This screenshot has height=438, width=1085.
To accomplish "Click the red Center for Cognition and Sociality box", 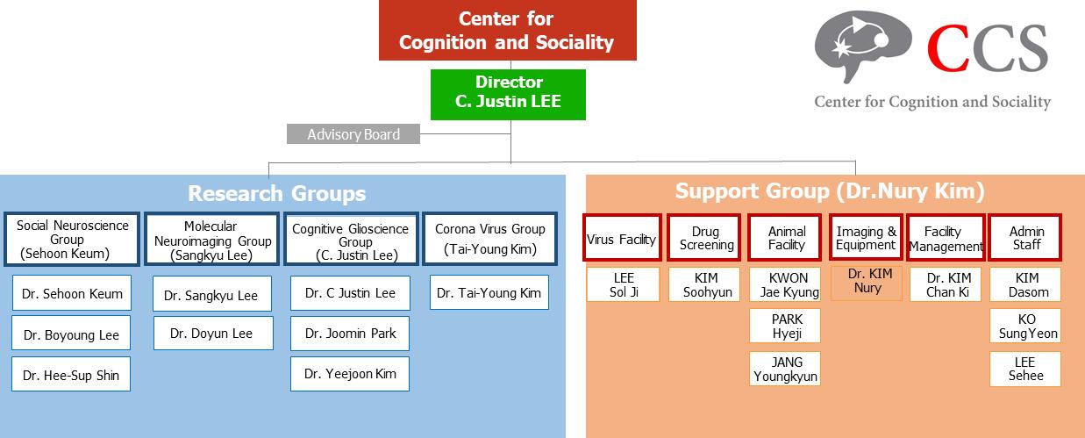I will pos(506,31).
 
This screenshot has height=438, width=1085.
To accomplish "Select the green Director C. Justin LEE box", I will pos(508,93).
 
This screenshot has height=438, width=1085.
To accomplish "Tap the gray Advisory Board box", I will pos(353,134).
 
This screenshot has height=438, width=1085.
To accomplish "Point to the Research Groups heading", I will pos(276,193).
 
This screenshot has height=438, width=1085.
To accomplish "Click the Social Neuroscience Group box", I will pos(72,239).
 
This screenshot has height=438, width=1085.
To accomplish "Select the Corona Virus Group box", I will pos(489,239).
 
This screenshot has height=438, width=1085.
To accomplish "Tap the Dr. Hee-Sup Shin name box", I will pos(71,375).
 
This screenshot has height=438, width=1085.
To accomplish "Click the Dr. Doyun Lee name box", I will pos(211,334).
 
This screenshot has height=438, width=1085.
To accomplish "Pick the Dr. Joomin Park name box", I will pos(350,334).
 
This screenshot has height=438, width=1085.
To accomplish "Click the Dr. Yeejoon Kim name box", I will pos(350,374).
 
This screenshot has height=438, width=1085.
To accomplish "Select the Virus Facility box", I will pos(622,238).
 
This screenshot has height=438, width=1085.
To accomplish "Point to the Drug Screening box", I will pos(705,238).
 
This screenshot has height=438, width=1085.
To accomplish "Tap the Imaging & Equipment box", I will pos(866,238).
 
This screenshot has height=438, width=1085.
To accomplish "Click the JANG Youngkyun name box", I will pos(786,369).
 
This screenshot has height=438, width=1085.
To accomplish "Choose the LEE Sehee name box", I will pos(1024,369).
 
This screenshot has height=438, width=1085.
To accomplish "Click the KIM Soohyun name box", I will pos(705,284).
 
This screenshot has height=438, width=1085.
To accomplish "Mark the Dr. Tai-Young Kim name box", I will pos(489,292).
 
